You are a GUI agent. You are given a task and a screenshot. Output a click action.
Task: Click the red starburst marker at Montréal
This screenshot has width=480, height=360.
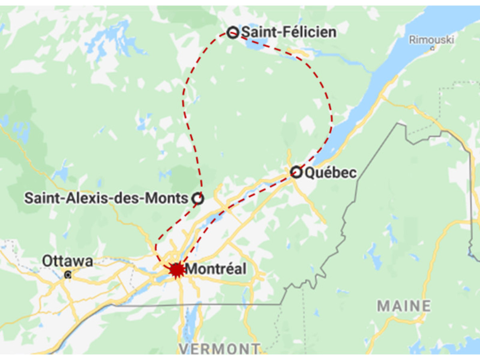tap(176, 269)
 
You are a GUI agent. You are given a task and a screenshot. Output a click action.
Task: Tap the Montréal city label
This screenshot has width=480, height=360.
tap(216, 269)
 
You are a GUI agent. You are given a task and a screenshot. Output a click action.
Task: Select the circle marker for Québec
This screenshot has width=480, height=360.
tap(296, 172)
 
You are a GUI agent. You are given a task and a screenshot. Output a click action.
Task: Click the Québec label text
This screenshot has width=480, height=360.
tap(330, 173)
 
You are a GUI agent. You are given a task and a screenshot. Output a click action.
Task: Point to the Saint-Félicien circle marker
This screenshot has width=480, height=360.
tap(233, 32)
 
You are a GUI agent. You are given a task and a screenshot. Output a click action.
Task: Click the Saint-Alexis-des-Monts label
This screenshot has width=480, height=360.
tap(106, 198)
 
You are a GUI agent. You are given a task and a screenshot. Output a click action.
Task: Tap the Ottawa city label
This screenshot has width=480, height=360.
tap(68, 262)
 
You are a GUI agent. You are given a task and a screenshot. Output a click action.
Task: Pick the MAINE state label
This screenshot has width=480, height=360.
tap(404, 306)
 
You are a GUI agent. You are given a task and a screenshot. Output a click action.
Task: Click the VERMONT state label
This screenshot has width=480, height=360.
tap(219, 349)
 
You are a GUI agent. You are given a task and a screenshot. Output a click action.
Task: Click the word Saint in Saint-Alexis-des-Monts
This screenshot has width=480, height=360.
tap(40, 198)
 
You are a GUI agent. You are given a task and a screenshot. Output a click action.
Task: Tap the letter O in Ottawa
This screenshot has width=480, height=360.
tap(48, 262)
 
